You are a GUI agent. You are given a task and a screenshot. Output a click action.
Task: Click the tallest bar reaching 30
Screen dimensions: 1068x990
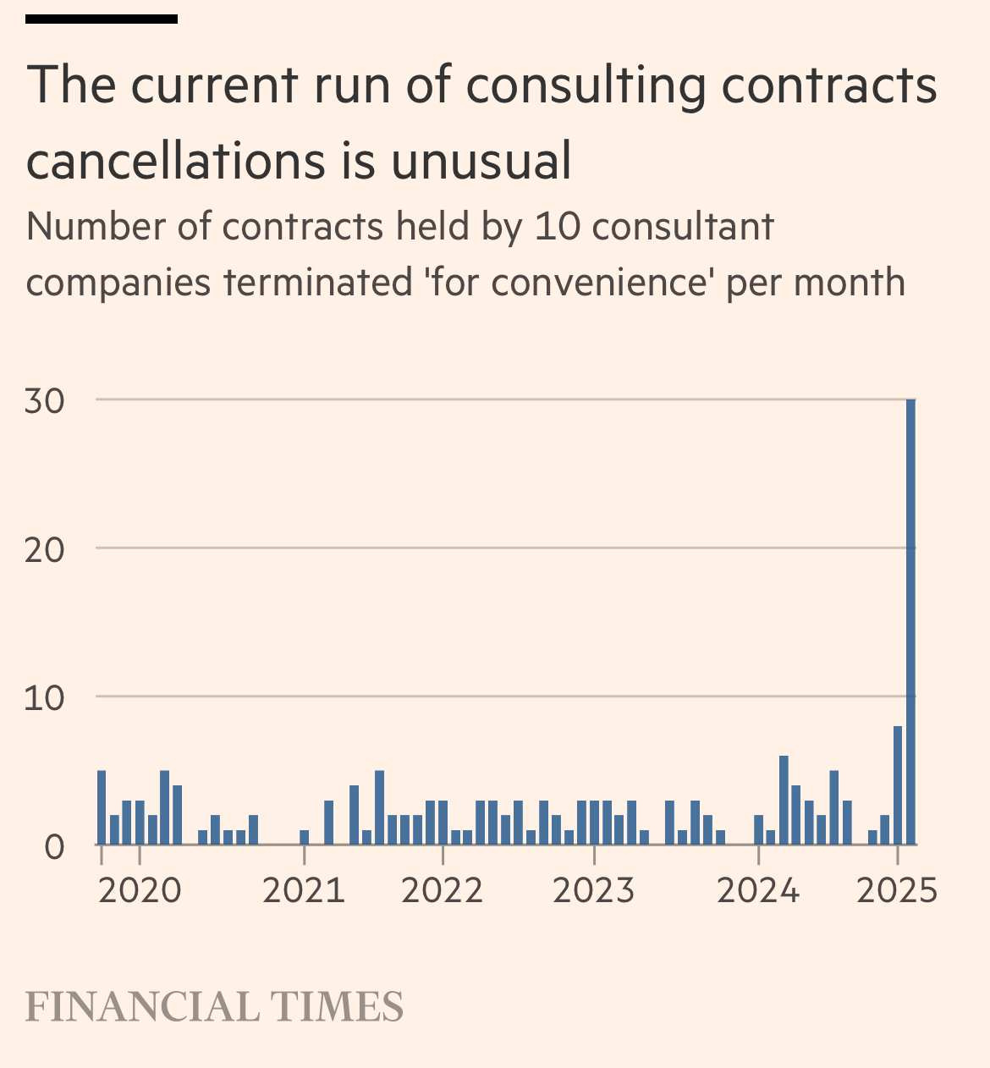tap(910, 622)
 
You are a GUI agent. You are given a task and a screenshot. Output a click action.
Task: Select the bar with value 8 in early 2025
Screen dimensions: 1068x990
tap(898, 785)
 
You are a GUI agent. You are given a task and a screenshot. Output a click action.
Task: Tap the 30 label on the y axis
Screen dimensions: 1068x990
tap(45, 401)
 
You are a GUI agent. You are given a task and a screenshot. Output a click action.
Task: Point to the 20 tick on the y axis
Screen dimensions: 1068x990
tap(45, 550)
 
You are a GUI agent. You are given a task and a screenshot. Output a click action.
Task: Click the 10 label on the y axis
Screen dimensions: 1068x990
tap(45, 698)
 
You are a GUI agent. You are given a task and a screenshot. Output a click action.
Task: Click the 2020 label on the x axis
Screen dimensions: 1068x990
tap(140, 891)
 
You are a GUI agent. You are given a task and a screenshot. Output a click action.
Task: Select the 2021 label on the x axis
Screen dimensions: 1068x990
tap(304, 891)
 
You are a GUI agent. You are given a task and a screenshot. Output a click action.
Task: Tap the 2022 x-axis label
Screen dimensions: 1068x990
tap(443, 891)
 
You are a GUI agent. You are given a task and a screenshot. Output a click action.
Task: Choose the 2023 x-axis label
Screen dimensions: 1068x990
tap(594, 891)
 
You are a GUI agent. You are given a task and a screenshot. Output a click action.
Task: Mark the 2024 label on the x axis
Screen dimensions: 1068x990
tap(758, 891)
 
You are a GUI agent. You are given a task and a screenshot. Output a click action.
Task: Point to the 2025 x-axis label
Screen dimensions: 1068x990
tap(897, 891)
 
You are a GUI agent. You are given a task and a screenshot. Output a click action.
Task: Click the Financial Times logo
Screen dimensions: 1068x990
tap(214, 1007)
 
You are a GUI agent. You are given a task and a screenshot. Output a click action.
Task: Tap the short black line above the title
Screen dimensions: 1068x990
tap(102, 19)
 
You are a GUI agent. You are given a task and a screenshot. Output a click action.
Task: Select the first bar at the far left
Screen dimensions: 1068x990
tap(102, 807)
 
